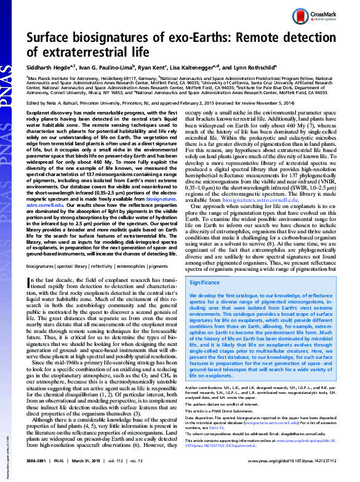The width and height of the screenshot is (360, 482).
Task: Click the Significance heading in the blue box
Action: tap(205, 283)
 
